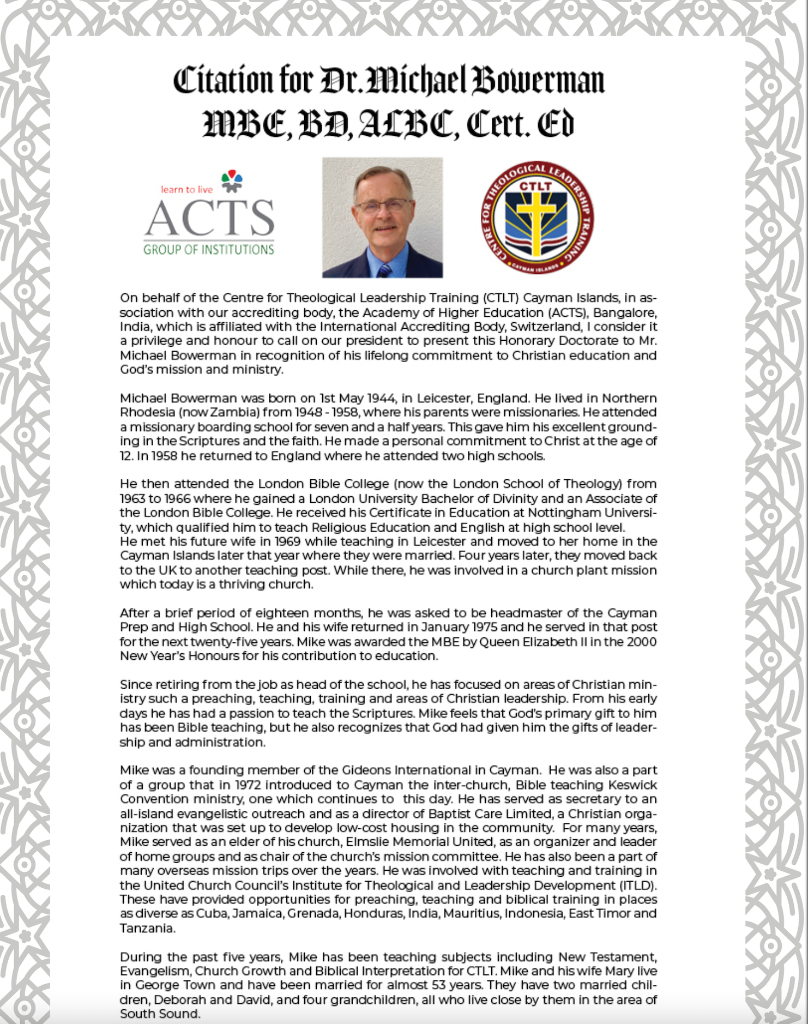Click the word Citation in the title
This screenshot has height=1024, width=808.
(x=222, y=81)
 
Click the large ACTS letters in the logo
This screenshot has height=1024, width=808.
(x=210, y=218)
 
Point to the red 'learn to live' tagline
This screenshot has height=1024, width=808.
(x=186, y=190)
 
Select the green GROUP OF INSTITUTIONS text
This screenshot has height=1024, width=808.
(x=208, y=250)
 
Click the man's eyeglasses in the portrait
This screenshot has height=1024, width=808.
(x=383, y=206)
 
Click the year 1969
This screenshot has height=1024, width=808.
(x=287, y=541)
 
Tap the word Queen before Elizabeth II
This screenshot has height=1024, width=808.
(x=500, y=642)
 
